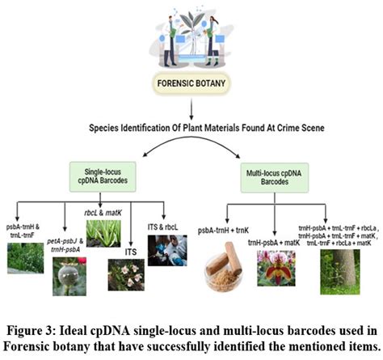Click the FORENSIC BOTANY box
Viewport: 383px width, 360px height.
(x=191, y=82)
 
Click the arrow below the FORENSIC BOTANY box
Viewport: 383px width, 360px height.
(x=191, y=106)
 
